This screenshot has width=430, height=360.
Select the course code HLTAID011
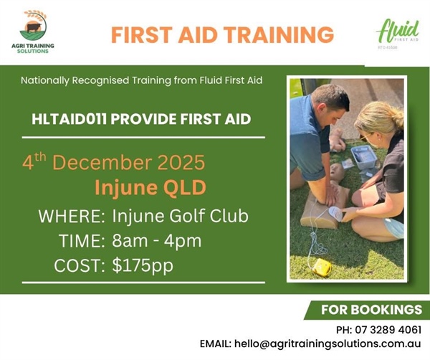67,118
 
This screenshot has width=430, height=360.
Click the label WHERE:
72,216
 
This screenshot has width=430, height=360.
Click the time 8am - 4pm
158,240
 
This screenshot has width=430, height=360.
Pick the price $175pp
143,265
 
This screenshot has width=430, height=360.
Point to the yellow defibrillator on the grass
322,267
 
